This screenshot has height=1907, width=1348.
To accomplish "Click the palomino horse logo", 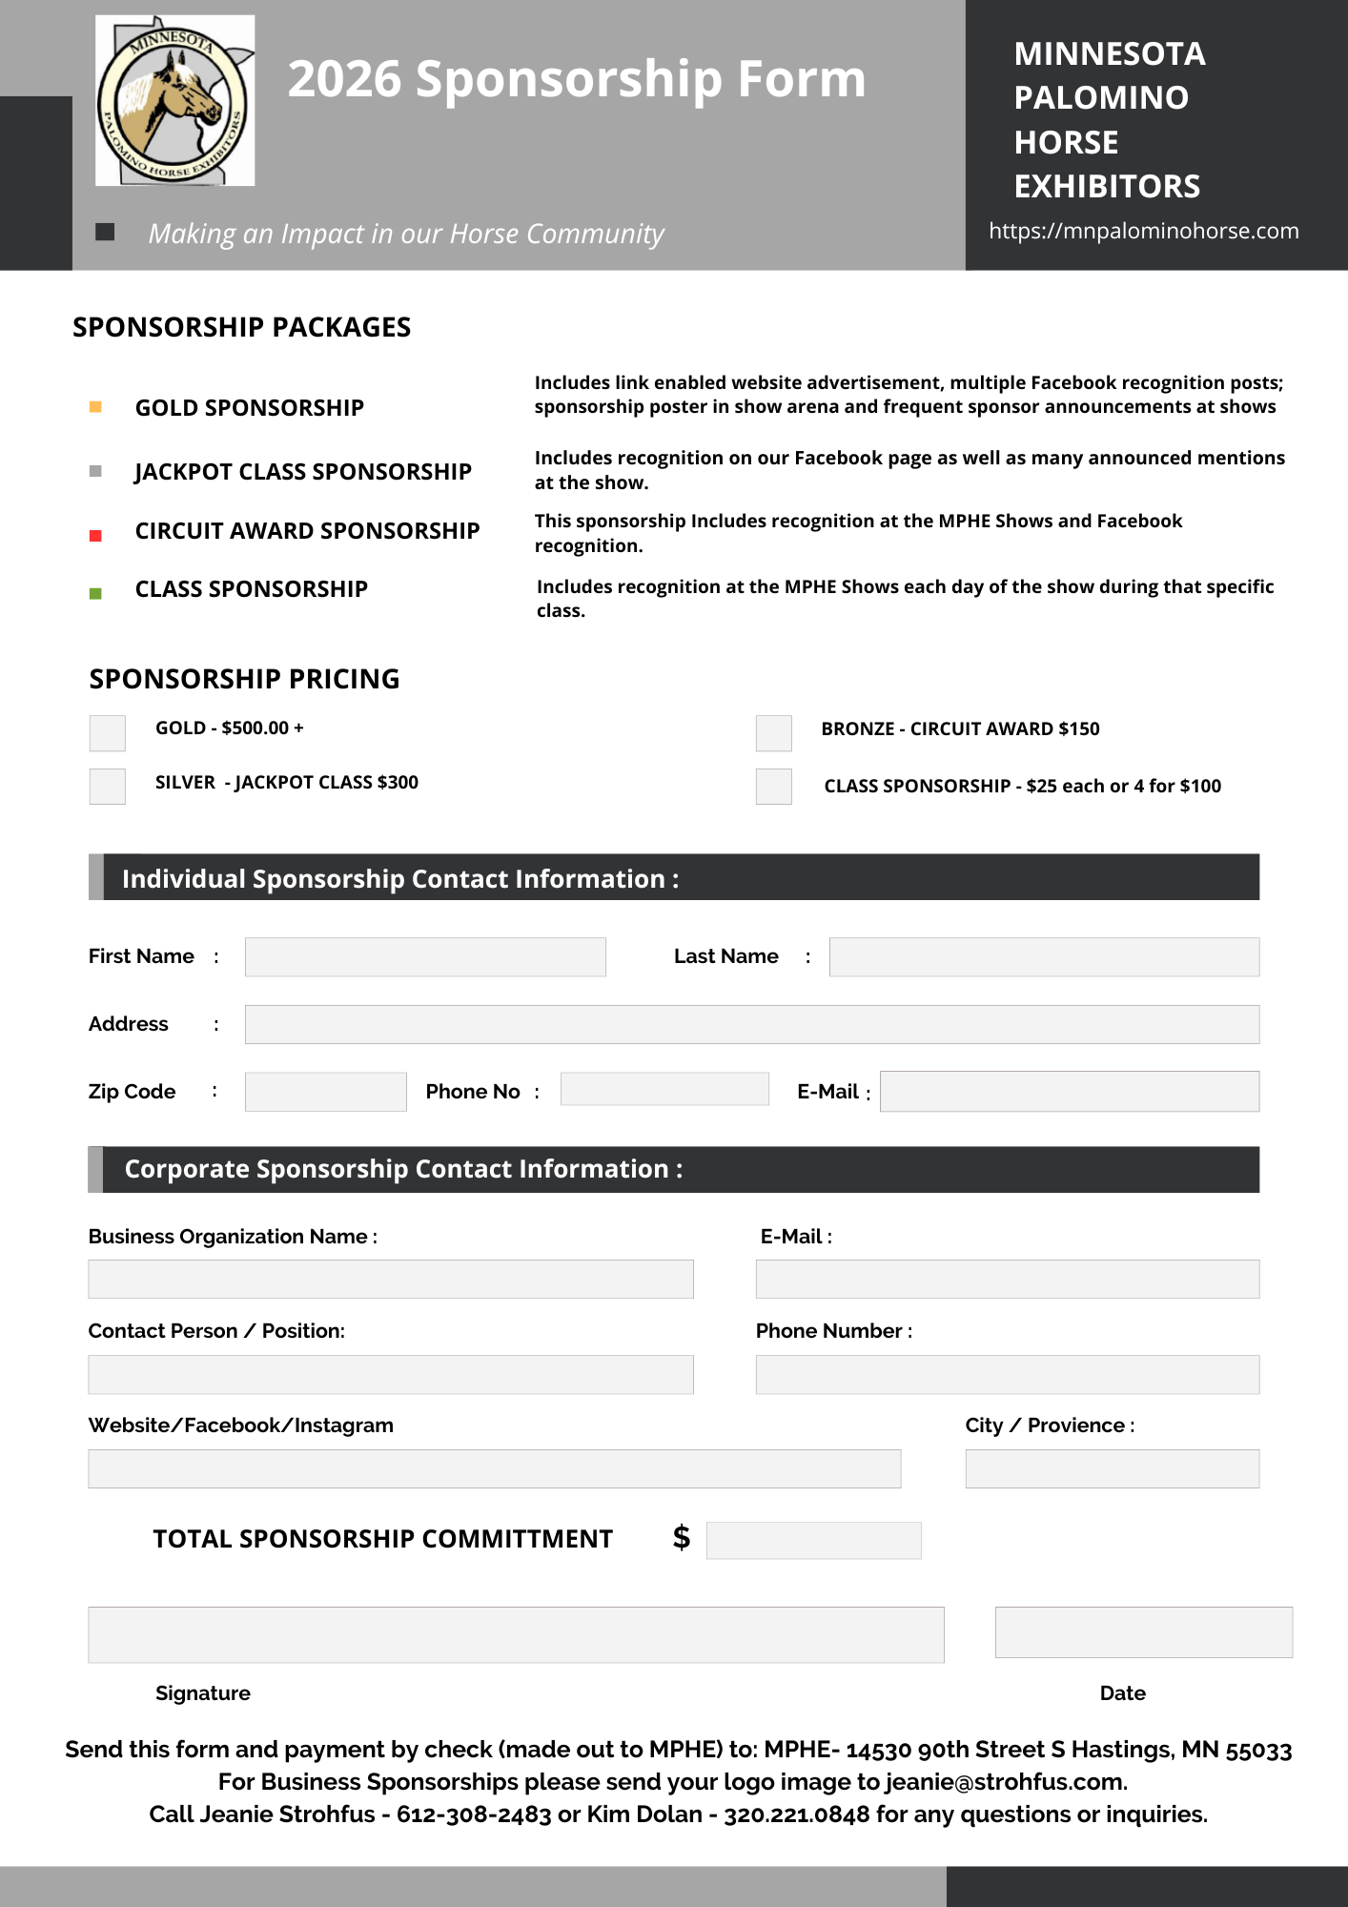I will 175,101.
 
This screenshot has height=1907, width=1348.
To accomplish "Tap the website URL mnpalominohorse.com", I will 1143,231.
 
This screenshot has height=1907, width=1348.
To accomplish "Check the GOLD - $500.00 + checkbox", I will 108,733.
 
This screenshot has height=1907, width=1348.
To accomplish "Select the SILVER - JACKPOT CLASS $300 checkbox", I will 108,787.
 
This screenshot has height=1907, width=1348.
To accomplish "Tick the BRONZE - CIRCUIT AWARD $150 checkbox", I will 774,733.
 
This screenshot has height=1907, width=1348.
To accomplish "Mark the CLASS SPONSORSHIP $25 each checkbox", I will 774,787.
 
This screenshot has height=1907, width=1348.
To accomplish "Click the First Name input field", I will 425,957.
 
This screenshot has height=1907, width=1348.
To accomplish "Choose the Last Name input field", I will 1044,957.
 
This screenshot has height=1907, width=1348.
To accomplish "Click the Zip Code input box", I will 325,1092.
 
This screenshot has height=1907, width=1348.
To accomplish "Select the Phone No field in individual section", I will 664,1089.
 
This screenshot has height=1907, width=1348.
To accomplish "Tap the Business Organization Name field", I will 391,1280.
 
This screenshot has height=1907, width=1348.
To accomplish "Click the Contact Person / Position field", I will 391,1375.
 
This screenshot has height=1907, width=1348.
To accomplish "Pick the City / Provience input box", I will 1112,1469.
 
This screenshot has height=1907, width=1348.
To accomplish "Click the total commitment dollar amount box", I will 813,1541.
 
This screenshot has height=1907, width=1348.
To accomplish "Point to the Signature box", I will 516,1635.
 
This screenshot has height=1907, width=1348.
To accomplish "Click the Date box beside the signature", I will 1143,1632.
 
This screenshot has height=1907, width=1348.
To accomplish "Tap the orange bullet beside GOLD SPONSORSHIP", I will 95,407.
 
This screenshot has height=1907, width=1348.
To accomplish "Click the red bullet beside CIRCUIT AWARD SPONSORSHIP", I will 95,536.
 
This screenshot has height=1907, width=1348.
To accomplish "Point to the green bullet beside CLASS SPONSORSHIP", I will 95,594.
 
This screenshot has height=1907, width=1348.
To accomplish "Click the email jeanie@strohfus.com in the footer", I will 1004,1782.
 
